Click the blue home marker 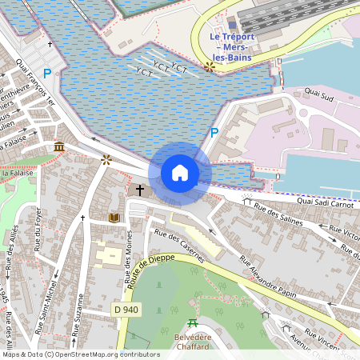(180, 173)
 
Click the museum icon (60, 146)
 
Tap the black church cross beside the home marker (140, 190)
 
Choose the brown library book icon (114, 217)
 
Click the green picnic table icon (192, 323)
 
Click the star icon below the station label (210, 67)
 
